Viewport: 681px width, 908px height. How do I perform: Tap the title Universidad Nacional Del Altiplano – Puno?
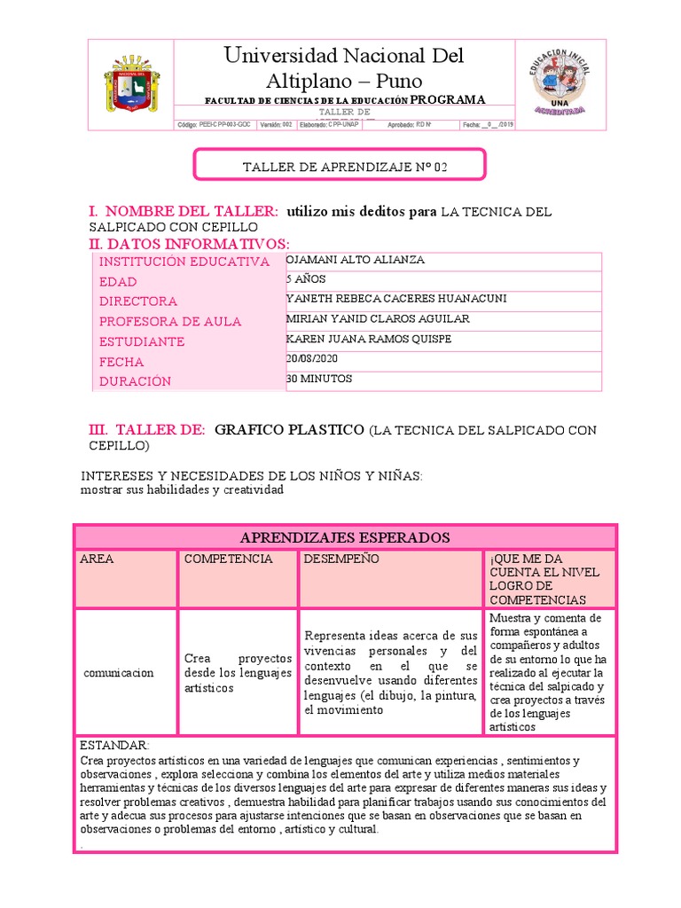pos(344,69)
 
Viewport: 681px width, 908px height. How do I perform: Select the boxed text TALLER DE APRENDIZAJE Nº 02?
pos(340,166)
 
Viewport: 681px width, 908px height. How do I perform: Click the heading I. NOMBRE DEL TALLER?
pos(184,211)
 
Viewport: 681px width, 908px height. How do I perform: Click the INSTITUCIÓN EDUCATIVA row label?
pos(184,262)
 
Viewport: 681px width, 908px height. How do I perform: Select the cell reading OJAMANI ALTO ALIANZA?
pos(356,260)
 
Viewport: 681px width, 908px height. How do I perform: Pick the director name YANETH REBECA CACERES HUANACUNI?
pos(396,299)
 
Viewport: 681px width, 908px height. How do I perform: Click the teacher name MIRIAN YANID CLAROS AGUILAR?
pos(378,318)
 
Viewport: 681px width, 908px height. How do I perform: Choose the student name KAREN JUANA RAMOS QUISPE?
pos(369,339)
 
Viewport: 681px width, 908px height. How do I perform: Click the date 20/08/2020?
pos(312,358)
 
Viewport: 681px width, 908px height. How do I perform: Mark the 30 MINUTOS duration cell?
pos(319,379)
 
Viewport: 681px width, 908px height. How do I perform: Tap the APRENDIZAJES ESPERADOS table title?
pos(345,537)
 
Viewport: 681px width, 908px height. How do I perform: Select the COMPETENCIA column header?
pos(228,560)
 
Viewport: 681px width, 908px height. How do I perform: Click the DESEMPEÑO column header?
pos(341,560)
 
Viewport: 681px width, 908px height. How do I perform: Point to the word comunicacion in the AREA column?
pos(118,673)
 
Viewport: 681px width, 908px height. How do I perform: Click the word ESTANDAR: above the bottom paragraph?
pos(114,745)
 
